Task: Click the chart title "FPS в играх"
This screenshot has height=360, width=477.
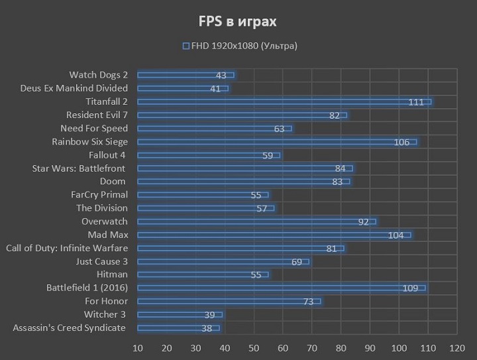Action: click(238, 21)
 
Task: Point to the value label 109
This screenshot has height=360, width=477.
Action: click(411, 288)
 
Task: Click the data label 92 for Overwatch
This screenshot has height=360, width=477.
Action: click(363, 221)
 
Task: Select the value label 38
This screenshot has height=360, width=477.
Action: click(206, 328)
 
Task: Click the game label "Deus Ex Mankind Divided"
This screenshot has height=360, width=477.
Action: click(74, 88)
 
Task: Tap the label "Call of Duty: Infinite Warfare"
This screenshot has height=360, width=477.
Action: click(67, 248)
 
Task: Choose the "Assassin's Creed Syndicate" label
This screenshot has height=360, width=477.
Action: click(69, 328)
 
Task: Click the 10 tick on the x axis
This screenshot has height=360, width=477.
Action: click(138, 348)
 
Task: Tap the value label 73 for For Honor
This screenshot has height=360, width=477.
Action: click(308, 302)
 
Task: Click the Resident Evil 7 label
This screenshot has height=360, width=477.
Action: click(97, 115)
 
